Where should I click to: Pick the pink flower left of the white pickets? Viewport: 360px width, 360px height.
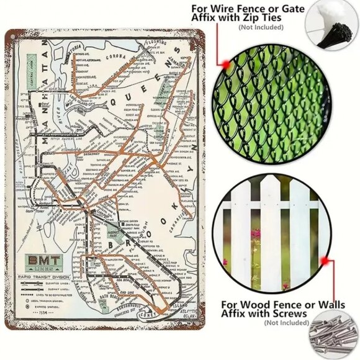(x=253, y=236)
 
